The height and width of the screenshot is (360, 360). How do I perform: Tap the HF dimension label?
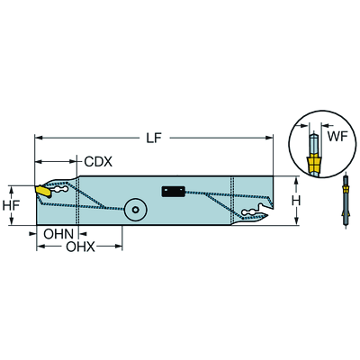point(12,206)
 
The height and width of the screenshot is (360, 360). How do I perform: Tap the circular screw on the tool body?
point(135,208)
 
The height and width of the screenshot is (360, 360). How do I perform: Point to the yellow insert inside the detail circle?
point(312,165)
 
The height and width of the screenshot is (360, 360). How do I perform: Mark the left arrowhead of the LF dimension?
point(39,138)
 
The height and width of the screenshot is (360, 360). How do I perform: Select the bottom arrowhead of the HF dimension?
point(25,225)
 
